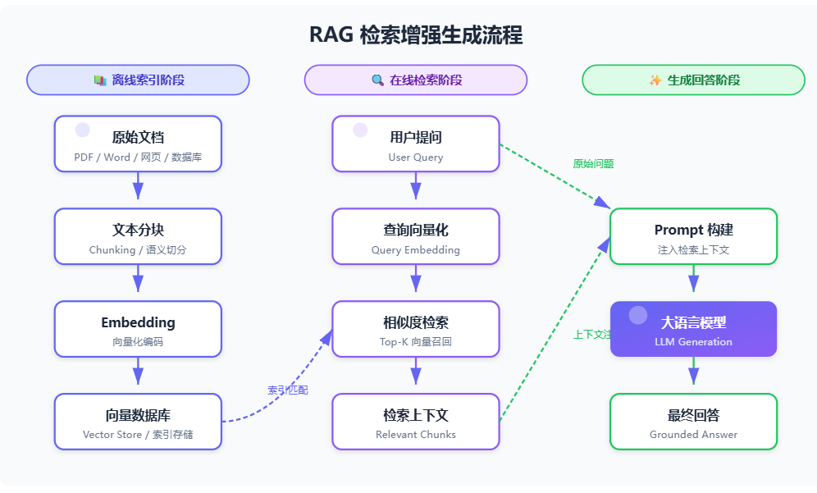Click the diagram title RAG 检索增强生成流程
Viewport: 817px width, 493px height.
[416, 35]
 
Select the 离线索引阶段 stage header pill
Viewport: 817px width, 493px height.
[138, 80]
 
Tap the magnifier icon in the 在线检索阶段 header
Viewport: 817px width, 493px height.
[377, 80]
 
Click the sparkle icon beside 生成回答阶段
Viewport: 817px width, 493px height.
[655, 80]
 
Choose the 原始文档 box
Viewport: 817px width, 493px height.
[138, 144]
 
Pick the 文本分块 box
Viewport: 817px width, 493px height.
[138, 236]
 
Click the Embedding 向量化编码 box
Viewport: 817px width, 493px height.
[138, 329]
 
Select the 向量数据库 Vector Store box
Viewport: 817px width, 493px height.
[138, 422]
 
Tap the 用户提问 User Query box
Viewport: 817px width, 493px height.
[416, 144]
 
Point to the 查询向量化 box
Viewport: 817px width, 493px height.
[416, 236]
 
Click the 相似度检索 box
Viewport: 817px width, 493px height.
[416, 329]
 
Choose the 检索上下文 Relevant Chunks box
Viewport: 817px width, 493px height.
[416, 422]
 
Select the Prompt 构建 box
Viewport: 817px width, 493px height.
[693, 236]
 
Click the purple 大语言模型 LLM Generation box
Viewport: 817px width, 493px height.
[693, 329]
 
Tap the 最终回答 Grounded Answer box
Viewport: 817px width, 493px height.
[693, 422]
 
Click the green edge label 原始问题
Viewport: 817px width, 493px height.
[593, 163]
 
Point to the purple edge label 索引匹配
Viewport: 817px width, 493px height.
[288, 390]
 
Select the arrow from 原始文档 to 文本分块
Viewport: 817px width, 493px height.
[138, 185]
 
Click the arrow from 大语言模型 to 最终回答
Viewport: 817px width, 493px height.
[693, 371]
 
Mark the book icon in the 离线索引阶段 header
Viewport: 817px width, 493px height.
[99, 80]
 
